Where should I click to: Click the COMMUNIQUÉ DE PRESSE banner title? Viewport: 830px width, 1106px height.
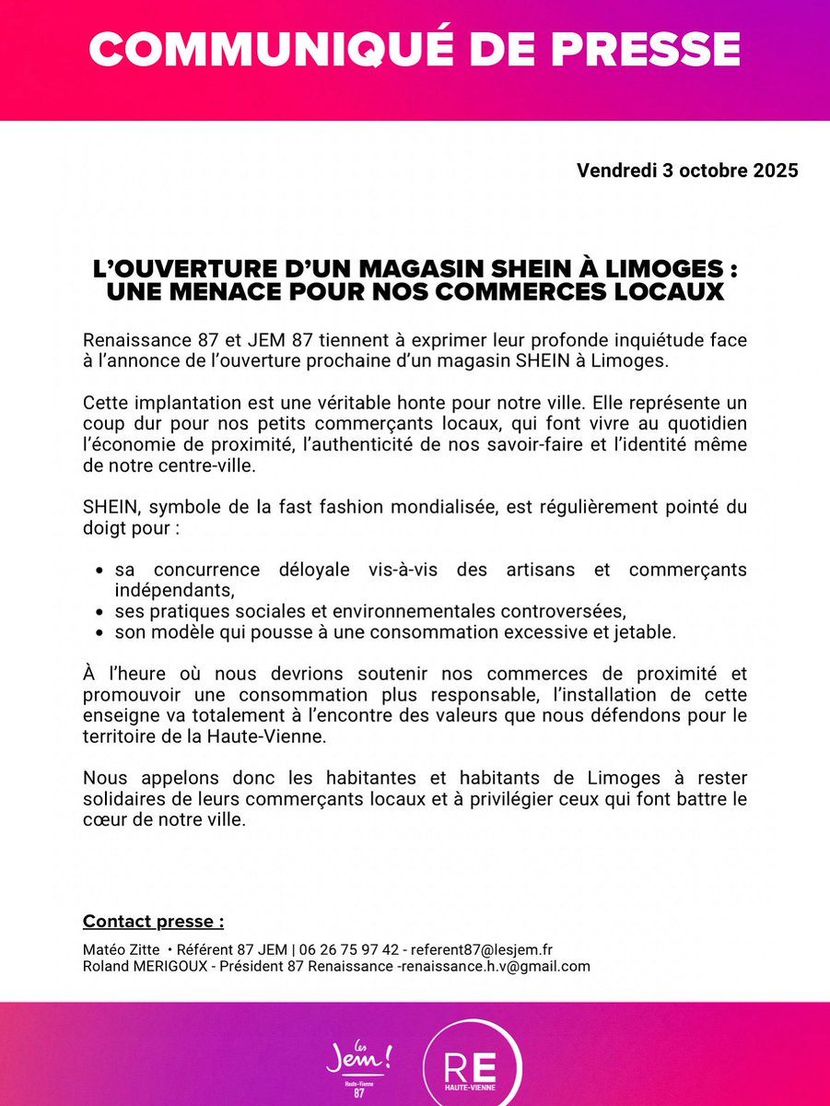(x=415, y=50)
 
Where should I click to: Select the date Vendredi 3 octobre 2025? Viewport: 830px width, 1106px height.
(x=687, y=171)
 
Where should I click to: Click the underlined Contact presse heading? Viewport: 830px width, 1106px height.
(x=153, y=922)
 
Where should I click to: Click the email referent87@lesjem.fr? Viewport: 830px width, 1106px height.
(x=481, y=949)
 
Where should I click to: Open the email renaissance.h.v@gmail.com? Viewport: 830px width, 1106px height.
(x=501, y=967)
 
